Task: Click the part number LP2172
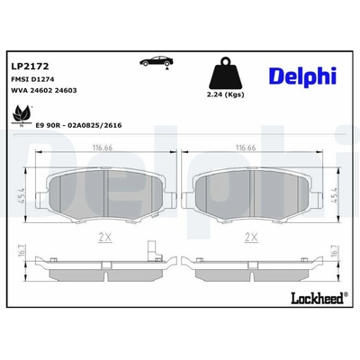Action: [30, 66]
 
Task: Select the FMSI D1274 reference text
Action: [32, 79]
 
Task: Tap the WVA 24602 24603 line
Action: [44, 90]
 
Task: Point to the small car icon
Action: [157, 61]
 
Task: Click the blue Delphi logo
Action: [303, 76]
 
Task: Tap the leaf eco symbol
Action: [21, 116]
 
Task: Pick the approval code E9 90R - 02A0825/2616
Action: [78, 125]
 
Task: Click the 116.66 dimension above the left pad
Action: [102, 148]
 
